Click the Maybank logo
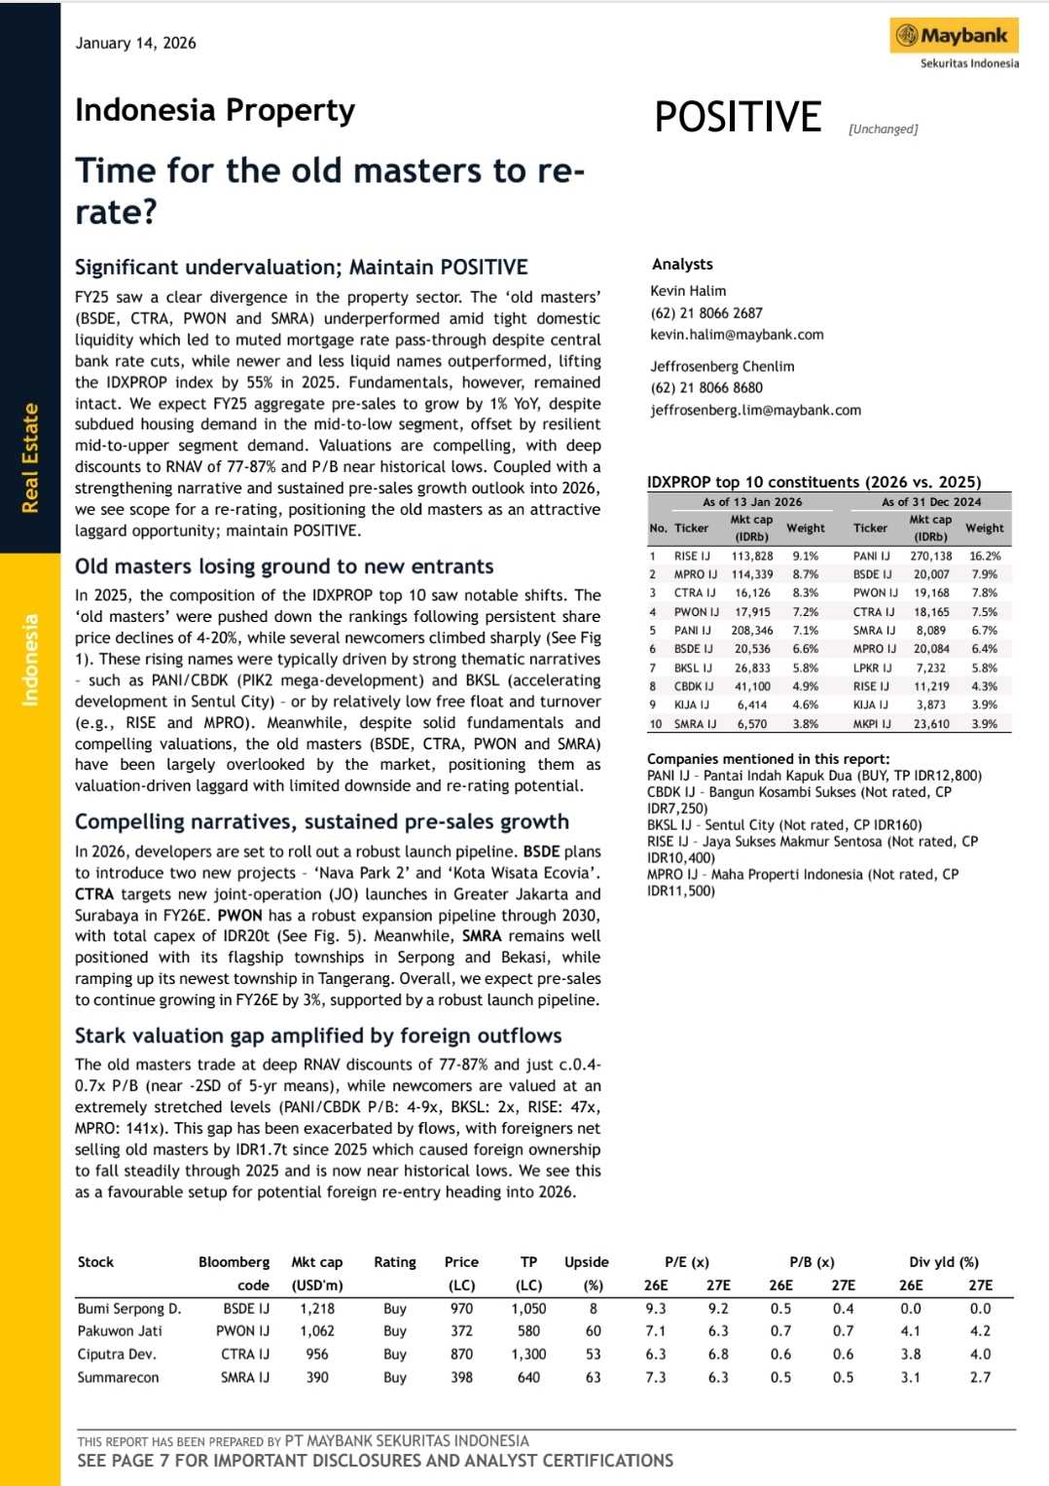pyautogui.click(x=954, y=37)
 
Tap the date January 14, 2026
pyautogui.click(x=135, y=43)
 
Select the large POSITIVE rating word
pyautogui.click(x=738, y=117)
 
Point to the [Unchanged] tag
pyautogui.click(x=883, y=128)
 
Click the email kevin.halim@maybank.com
pyautogui.click(x=737, y=334)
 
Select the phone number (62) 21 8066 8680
pyautogui.click(x=706, y=387)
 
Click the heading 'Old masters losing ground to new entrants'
pyautogui.click(x=284, y=566)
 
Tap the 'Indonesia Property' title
pyautogui.click(x=215, y=110)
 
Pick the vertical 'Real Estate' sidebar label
pyautogui.click(x=30, y=457)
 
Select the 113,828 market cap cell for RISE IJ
pyautogui.click(x=751, y=556)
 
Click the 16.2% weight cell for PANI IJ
pyautogui.click(x=985, y=556)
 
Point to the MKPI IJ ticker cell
pyautogui.click(x=872, y=723)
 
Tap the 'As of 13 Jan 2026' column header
pyautogui.click(x=752, y=501)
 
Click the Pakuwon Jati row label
pyautogui.click(x=120, y=1330)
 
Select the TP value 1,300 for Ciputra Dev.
pyautogui.click(x=528, y=1354)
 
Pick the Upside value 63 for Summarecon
pyautogui.click(x=593, y=1377)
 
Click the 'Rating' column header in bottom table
pyautogui.click(x=394, y=1262)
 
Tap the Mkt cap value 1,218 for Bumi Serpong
pyautogui.click(x=317, y=1309)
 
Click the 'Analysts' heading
pyautogui.click(x=682, y=264)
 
